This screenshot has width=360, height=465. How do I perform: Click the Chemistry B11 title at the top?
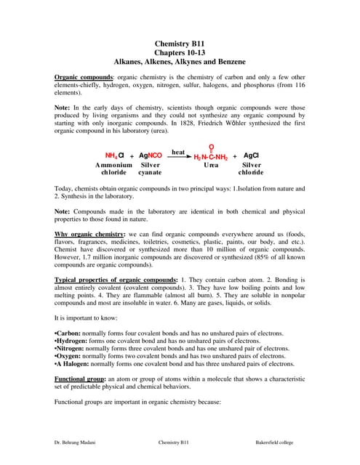[180, 44]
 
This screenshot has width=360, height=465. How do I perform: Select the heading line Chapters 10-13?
[180, 53]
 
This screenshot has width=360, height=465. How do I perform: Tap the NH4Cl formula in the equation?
[115, 155]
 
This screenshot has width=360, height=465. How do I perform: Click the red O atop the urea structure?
[211, 147]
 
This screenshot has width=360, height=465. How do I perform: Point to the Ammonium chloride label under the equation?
[113, 169]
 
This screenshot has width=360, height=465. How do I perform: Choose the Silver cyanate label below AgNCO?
[150, 169]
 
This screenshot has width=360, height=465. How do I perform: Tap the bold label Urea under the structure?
[211, 166]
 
